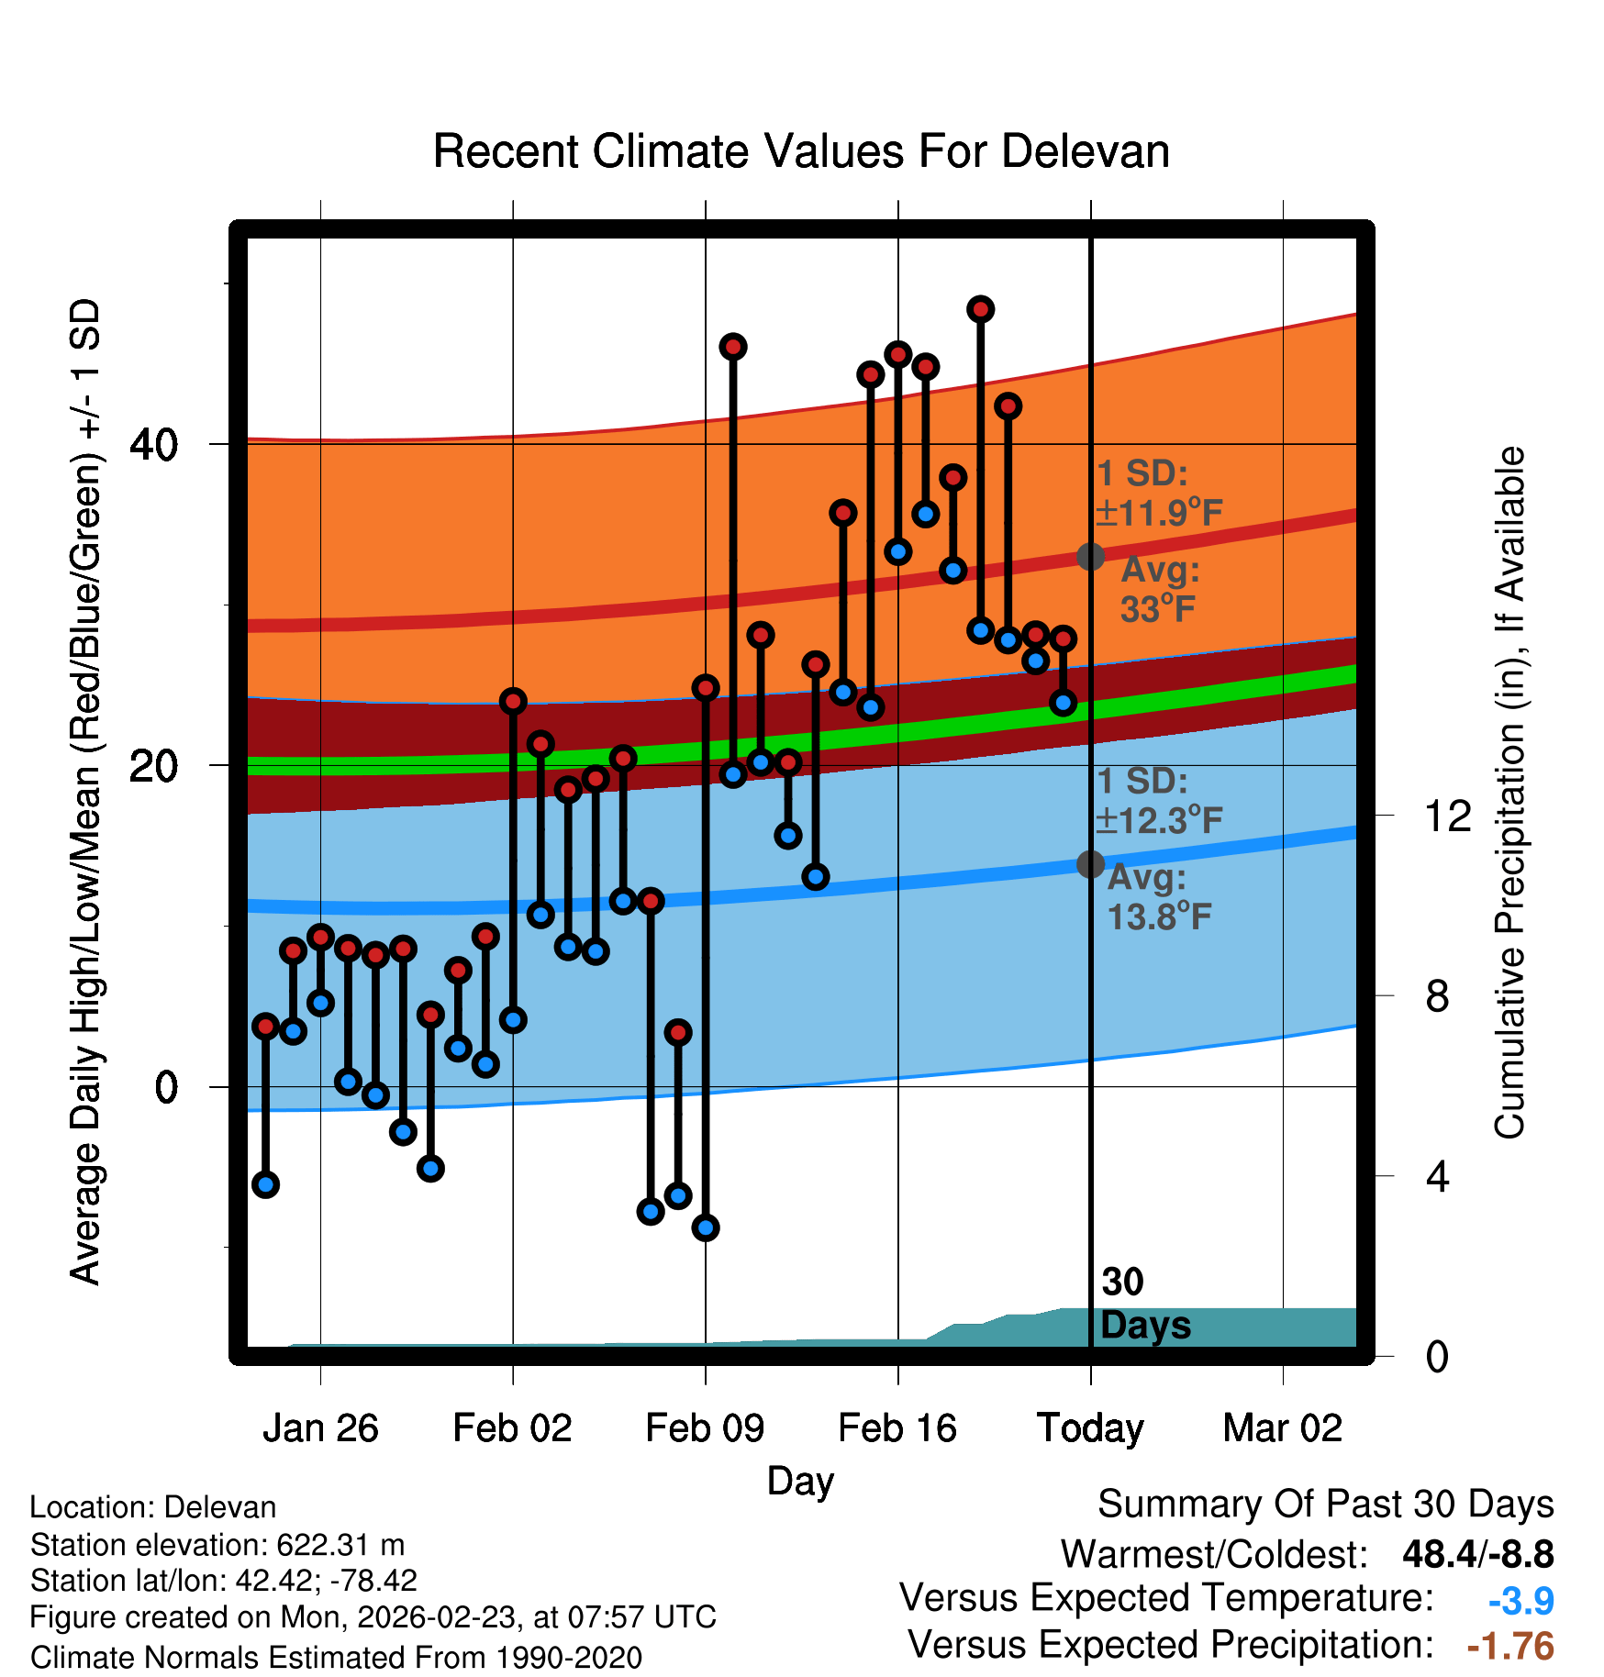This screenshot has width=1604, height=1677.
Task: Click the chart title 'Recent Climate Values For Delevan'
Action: tap(801, 151)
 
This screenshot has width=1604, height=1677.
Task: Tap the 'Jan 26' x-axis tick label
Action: tap(320, 1428)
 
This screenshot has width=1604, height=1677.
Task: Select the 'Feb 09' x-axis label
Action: tap(705, 1428)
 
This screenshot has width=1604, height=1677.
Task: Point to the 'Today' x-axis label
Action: tap(1090, 1428)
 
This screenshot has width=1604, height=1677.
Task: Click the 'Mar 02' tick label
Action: tap(1283, 1428)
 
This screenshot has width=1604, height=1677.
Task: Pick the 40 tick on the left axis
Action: tap(153, 445)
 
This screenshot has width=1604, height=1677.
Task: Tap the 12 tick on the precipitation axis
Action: tap(1448, 816)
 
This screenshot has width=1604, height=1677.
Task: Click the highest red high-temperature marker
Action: tap(981, 309)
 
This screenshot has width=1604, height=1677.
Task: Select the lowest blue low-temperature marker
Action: tap(706, 1227)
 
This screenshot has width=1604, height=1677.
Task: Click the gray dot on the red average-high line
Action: tap(1090, 556)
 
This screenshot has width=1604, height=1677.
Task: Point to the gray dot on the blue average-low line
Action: tap(1090, 864)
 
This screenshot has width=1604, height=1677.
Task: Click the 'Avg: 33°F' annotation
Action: tap(1159, 589)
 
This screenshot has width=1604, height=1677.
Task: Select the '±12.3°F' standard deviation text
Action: tap(1160, 820)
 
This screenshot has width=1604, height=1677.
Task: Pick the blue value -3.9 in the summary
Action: tap(1520, 1601)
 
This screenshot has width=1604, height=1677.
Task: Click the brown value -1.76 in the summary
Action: tap(1510, 1646)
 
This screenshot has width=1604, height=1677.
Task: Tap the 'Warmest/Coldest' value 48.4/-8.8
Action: tap(1477, 1554)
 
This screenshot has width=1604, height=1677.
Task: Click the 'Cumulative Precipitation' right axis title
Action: tap(1509, 794)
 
